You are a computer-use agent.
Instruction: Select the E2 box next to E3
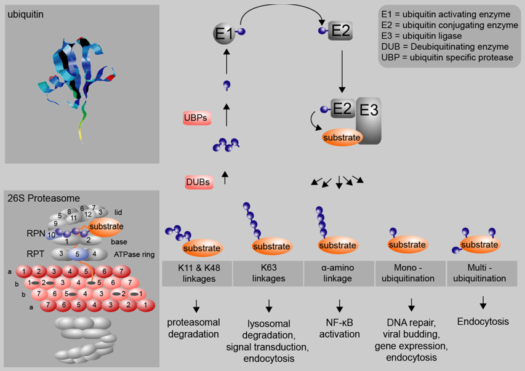pos(342,109)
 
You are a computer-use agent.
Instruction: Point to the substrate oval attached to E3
pos(342,137)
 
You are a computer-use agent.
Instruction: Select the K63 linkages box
pos(268,273)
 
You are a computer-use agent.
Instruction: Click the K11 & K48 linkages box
pos(197,273)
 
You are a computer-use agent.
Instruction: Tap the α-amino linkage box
pos(339,273)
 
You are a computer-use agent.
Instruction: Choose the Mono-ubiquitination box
pos(411,273)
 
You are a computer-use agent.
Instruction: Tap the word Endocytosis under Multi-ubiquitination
pos(483,321)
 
